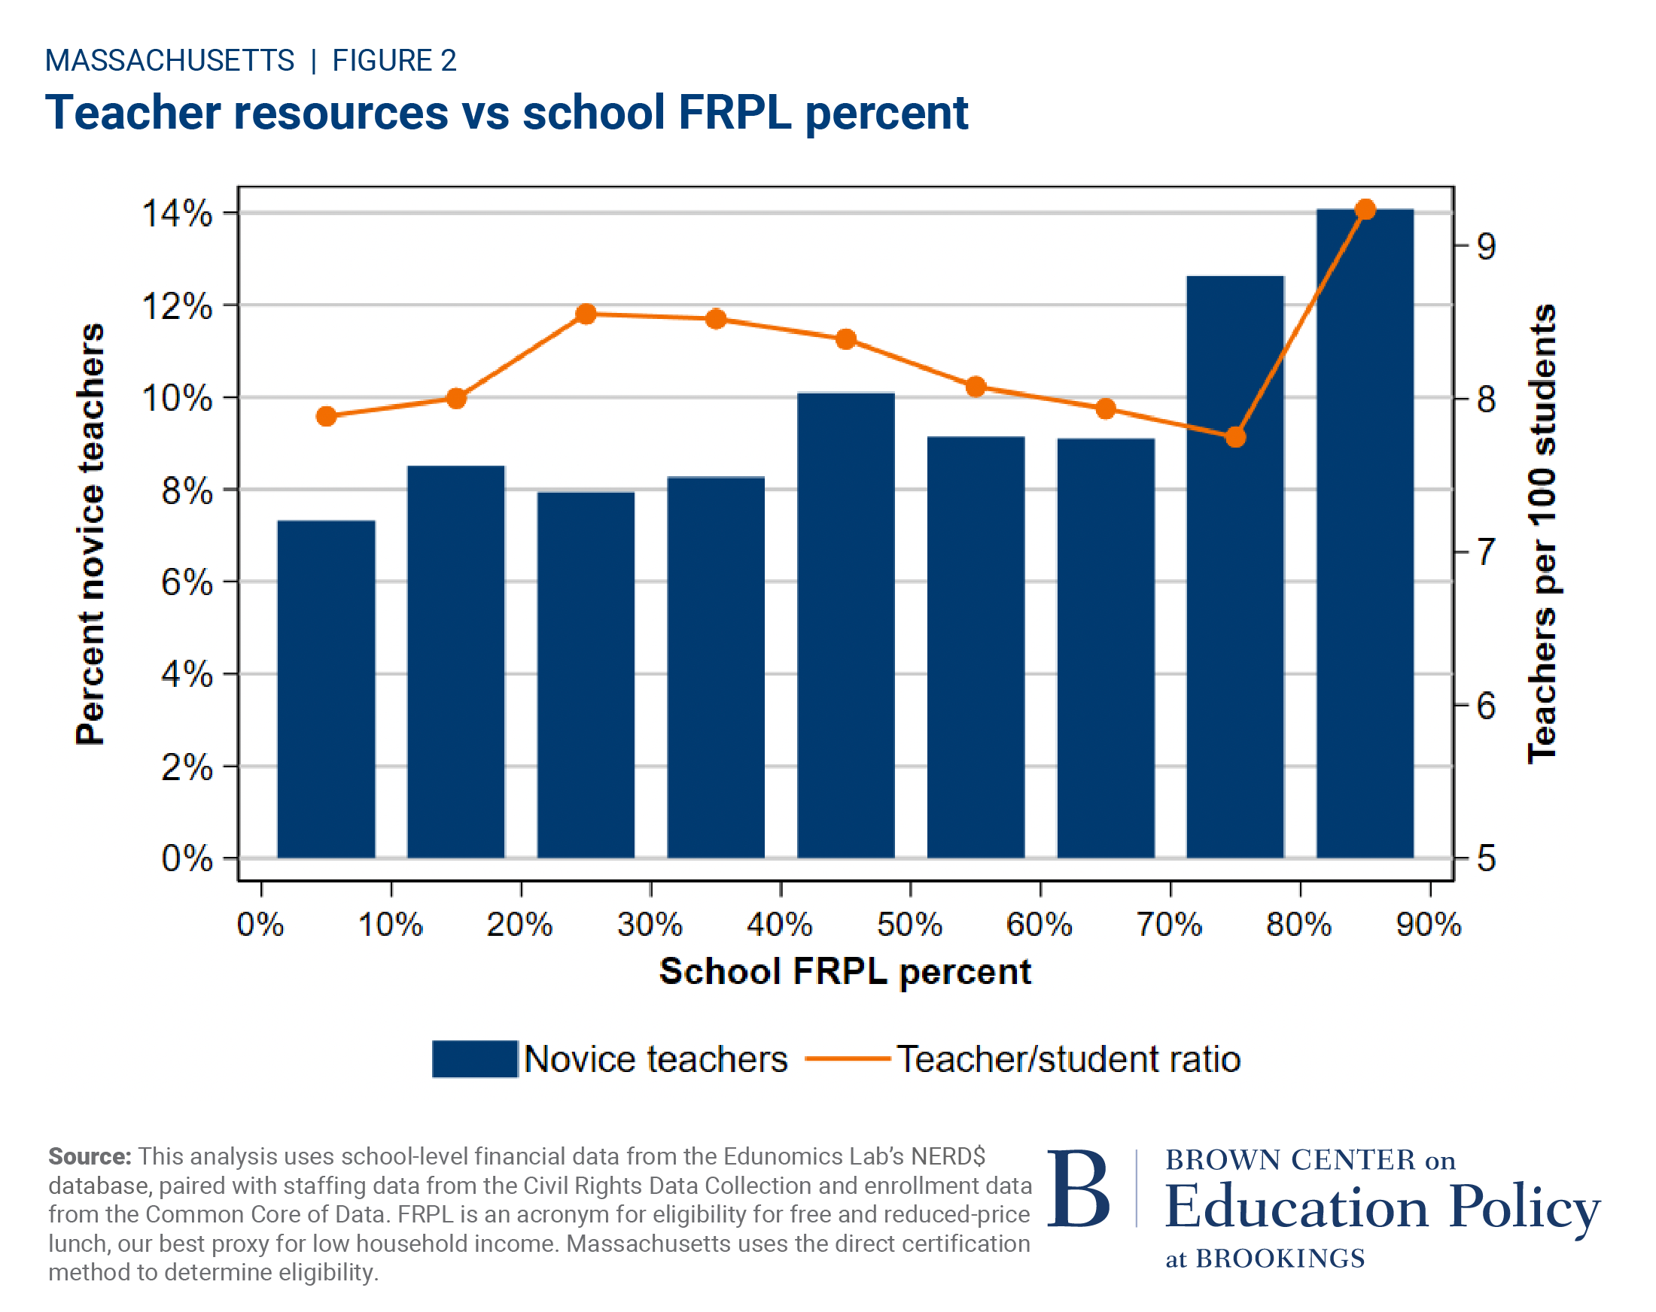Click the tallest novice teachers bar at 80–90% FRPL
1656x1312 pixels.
pos(1365,537)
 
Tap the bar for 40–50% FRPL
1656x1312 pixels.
pos(845,626)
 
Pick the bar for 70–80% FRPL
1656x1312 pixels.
pos(1235,568)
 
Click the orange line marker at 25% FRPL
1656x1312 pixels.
pos(586,314)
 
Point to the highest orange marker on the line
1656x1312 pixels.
pos(1365,210)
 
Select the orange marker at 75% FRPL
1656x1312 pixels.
pos(1235,438)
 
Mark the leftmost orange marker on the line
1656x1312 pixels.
pos(327,416)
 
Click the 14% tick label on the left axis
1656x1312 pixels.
pos(178,214)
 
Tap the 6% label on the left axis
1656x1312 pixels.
pos(187,583)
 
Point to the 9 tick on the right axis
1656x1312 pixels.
pos(1486,247)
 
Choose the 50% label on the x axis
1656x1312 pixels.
pos(909,925)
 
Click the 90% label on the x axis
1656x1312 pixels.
pos(1429,925)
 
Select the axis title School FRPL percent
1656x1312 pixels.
pos(845,971)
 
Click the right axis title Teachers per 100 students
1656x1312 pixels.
pos(1541,533)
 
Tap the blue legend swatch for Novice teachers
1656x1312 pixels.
pos(475,1058)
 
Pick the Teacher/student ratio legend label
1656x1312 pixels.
pos(1068,1058)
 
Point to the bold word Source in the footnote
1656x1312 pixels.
pos(90,1156)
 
